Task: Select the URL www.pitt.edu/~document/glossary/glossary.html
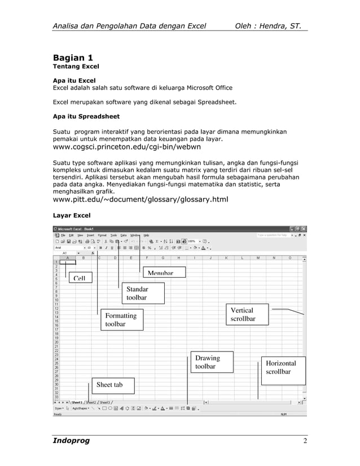(x=140, y=199)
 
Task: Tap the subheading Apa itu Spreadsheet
(x=86, y=117)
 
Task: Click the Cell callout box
(x=79, y=278)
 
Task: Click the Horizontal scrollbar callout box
(x=282, y=367)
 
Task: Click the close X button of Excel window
(x=304, y=228)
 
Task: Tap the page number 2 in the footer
(x=304, y=441)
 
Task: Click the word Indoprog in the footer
(x=71, y=440)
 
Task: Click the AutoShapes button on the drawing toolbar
(x=80, y=408)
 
